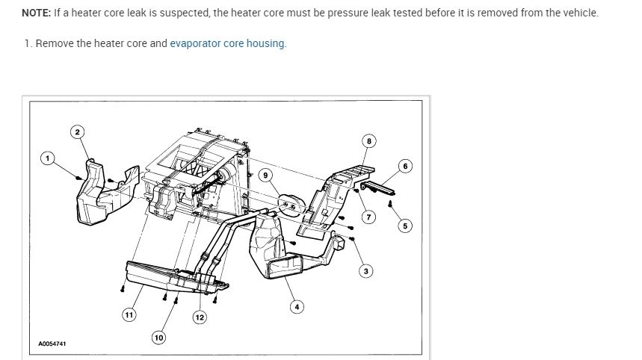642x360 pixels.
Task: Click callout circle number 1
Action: [x=48, y=158]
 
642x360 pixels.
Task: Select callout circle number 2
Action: [x=78, y=132]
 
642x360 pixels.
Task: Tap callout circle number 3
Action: [x=366, y=270]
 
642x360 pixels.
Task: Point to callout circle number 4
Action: [x=297, y=307]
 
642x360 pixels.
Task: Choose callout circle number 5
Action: [x=405, y=226]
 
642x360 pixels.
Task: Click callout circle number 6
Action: [x=405, y=166]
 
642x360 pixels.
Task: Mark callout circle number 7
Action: [x=368, y=217]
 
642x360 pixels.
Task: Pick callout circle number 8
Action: [x=368, y=140]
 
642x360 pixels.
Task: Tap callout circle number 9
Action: [x=265, y=175]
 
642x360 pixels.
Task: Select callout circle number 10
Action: [x=158, y=338]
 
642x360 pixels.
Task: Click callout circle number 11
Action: [x=129, y=315]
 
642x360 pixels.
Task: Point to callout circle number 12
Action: [x=200, y=317]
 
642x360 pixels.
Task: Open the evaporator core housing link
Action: [x=227, y=43]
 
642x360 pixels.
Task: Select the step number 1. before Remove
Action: [x=28, y=43]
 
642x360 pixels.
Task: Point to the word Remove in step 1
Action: [x=54, y=43]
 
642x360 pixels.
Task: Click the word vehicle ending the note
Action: [x=580, y=13]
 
